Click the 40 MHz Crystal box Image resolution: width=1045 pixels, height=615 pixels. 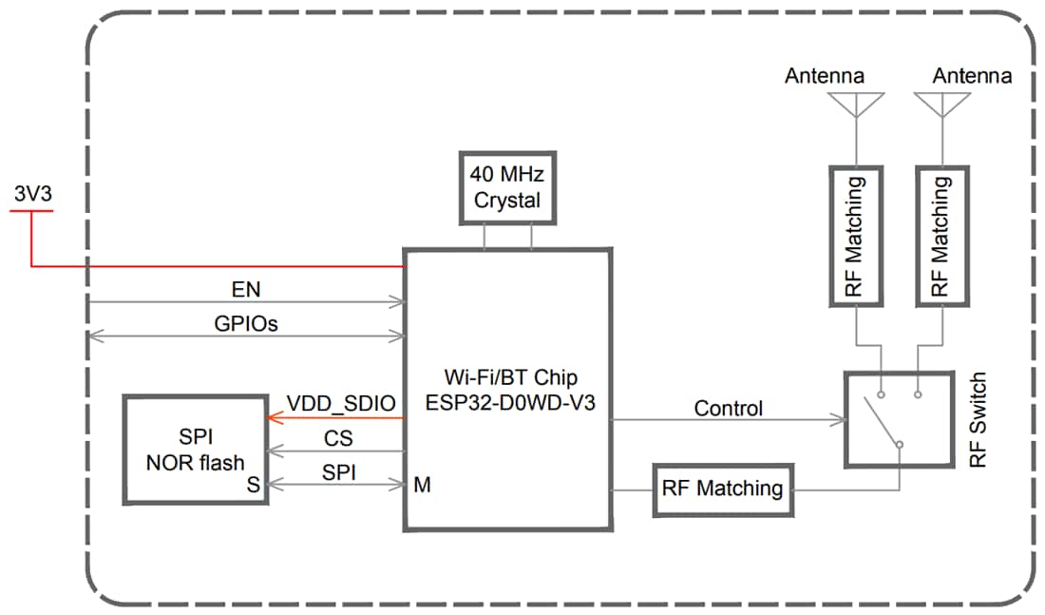click(x=506, y=187)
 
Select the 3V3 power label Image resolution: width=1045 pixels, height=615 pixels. click(x=31, y=193)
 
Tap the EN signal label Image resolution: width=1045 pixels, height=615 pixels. click(x=246, y=287)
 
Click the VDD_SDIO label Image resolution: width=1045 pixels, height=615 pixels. click(x=340, y=403)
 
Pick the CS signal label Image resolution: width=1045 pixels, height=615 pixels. click(x=339, y=438)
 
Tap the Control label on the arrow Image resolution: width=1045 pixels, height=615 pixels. click(x=728, y=409)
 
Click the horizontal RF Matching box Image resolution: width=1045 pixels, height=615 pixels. click(x=723, y=490)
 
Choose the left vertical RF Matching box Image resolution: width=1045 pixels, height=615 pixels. click(x=856, y=237)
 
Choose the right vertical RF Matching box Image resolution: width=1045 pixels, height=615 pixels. click(x=942, y=237)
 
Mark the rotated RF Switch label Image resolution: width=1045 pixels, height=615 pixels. click(x=978, y=419)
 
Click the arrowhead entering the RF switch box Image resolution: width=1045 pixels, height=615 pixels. click(x=839, y=418)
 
